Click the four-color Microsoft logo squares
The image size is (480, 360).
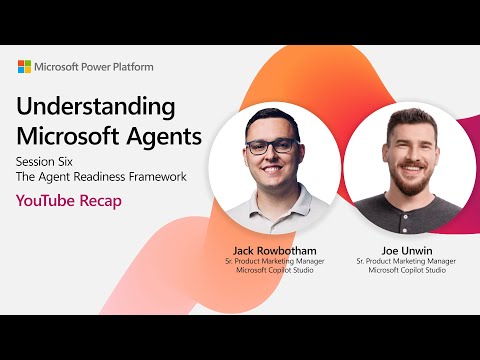click(24, 67)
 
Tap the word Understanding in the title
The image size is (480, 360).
click(96, 107)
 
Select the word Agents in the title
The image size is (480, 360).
click(165, 134)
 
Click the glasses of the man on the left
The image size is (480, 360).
click(270, 145)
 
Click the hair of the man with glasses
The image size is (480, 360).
click(268, 118)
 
